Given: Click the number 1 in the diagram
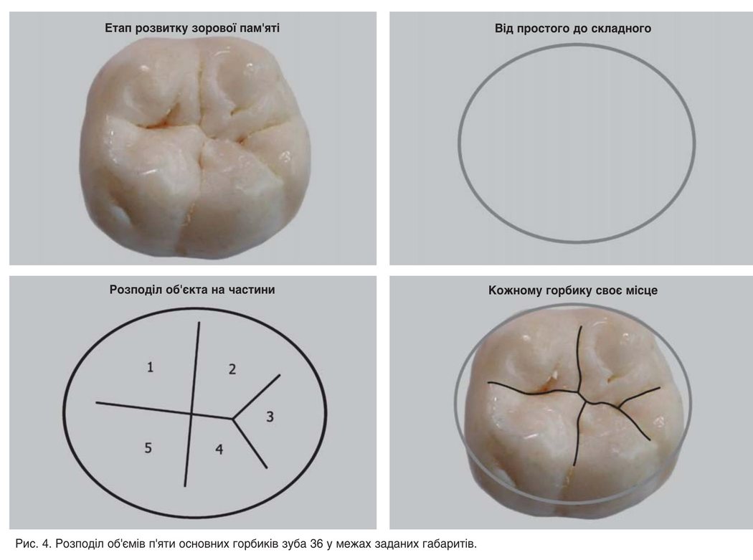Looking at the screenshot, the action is click(x=151, y=367).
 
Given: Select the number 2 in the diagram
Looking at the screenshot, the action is click(x=232, y=369).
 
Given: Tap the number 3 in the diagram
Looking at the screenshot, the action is click(x=270, y=417).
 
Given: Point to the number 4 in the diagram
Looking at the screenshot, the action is click(x=219, y=449).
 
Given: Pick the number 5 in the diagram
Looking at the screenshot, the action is click(x=148, y=447).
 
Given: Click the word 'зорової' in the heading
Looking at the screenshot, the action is click(x=214, y=29).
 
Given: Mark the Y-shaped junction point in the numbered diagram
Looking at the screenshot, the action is click(x=233, y=419).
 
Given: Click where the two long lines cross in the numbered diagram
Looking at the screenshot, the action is click(x=191, y=414).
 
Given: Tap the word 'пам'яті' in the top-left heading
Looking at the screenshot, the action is click(x=260, y=28).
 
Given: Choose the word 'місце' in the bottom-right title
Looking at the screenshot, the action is click(x=642, y=290).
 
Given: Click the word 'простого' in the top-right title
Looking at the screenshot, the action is click(x=544, y=29).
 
